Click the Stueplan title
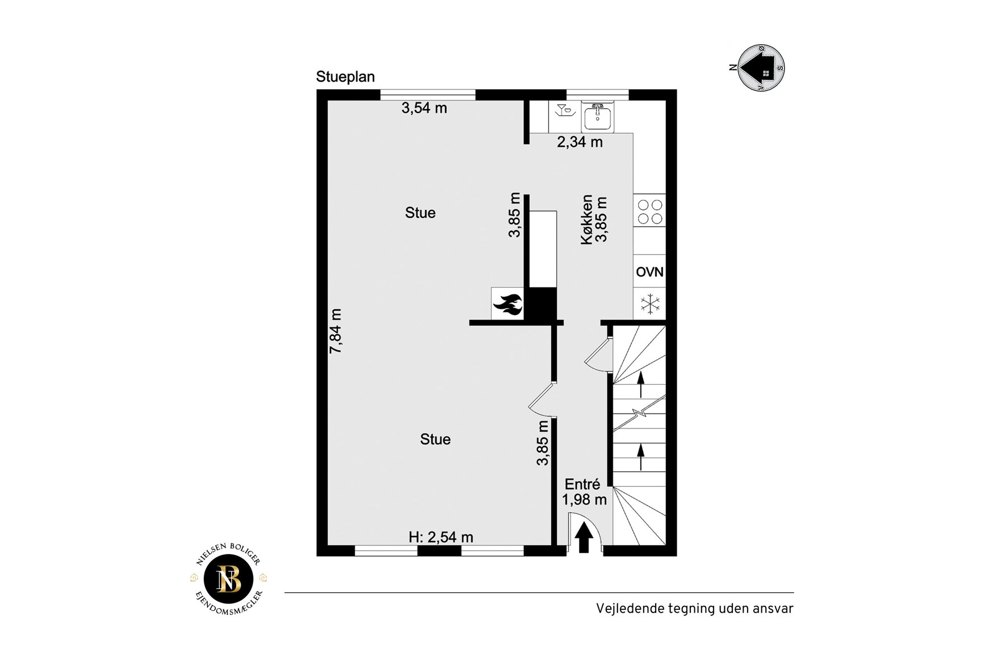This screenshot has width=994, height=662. tap(345, 77)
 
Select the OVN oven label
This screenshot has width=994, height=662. tap(649, 272)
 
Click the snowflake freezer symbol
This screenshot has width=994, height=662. tap(650, 303)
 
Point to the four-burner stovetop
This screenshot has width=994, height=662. tap(649, 211)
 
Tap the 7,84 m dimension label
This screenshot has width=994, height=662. tap(335, 331)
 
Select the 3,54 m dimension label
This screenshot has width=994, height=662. tap(424, 108)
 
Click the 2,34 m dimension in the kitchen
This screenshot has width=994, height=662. tap(580, 142)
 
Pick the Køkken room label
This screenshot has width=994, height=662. tap(587, 220)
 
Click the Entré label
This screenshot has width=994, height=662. tap(582, 484)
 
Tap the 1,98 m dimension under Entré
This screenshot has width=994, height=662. tap(584, 500)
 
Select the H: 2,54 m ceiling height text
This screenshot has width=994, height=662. tap(441, 537)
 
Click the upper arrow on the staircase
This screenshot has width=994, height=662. tap(641, 384)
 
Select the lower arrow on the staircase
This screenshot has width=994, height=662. tap(641, 457)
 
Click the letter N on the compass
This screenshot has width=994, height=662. tap(733, 68)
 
